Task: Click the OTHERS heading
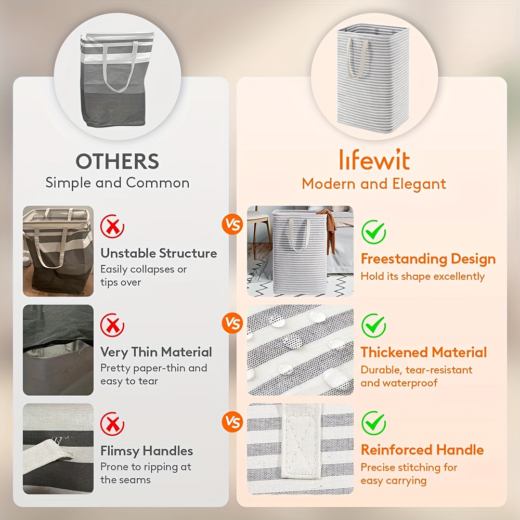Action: pos(118,161)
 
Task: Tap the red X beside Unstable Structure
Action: pos(112,226)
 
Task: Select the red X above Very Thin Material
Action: pos(112,325)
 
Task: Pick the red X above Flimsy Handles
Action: pos(112,423)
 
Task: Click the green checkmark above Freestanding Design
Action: pos(373,232)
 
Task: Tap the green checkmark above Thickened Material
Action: pos(373,326)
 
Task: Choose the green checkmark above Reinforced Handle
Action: pos(373,423)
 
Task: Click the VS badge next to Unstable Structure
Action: pos(232,224)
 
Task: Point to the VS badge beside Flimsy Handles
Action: pos(232,422)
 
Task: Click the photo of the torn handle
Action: pos(58,449)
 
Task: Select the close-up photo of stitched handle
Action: pos(300,449)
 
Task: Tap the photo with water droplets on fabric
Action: pos(300,350)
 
